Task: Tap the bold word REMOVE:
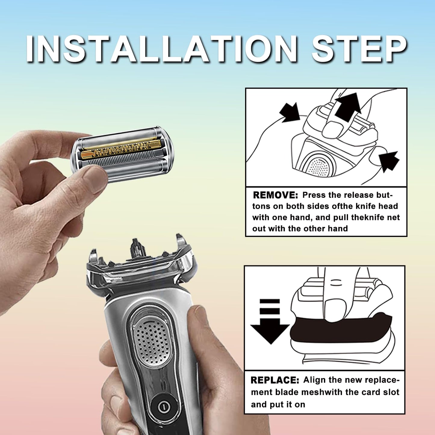coord(275,195)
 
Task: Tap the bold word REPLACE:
coord(275,380)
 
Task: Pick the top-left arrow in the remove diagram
coord(291,113)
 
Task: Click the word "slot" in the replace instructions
coord(390,392)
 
